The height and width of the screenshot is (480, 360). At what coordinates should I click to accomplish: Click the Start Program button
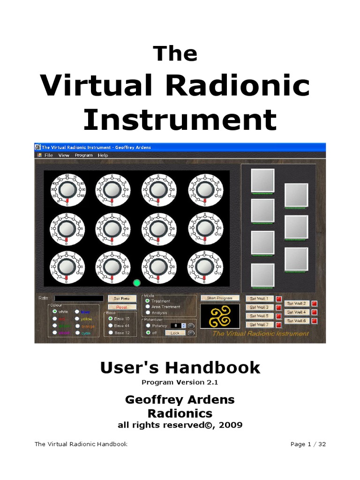point(220,298)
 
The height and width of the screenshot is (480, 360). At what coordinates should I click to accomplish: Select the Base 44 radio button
point(111,325)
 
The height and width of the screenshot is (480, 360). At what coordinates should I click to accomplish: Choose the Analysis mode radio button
point(148,313)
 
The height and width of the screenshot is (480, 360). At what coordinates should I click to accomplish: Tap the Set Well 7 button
point(259,324)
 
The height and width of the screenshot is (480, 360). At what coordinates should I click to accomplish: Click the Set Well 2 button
point(296,303)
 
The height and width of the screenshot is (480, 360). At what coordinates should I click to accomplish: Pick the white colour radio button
point(55,311)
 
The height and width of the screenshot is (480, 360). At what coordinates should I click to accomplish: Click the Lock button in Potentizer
point(174,333)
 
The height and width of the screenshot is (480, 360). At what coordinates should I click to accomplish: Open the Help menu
point(103,155)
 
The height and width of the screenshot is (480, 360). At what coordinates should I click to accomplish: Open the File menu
point(48,155)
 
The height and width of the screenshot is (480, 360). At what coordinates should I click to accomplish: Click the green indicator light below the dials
point(137,283)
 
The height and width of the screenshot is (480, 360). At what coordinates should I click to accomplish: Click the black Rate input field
point(79,298)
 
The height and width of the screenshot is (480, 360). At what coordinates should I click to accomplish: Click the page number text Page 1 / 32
point(308,444)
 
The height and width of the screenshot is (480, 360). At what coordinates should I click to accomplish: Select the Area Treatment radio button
point(148,307)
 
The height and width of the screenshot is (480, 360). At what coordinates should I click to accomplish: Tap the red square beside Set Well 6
point(314,321)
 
